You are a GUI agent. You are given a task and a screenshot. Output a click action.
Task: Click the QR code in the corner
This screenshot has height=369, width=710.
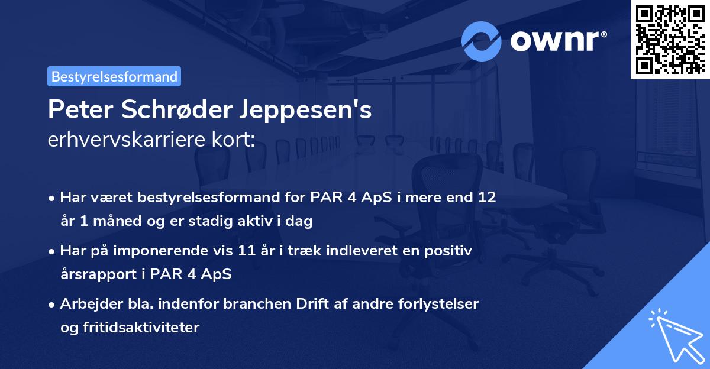(x=670, y=39)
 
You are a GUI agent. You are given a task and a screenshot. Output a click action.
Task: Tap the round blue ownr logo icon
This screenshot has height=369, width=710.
(x=482, y=41)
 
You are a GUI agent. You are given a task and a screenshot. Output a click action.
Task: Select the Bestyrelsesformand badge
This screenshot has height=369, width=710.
(x=114, y=76)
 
